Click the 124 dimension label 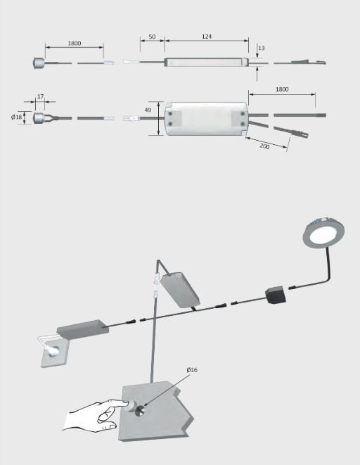(207, 37)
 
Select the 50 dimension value (152, 37)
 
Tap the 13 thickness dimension (262, 48)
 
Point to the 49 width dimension (148, 110)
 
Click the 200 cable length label (264, 146)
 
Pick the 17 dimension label (40, 96)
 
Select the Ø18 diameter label (17, 117)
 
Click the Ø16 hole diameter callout (192, 370)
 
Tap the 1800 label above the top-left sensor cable (75, 44)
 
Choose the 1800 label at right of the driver (282, 89)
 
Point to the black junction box (276, 295)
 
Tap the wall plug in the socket (53, 350)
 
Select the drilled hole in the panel (139, 412)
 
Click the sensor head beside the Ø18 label (39, 118)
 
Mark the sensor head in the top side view (39, 63)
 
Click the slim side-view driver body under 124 (207, 62)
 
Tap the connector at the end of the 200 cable (304, 134)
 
